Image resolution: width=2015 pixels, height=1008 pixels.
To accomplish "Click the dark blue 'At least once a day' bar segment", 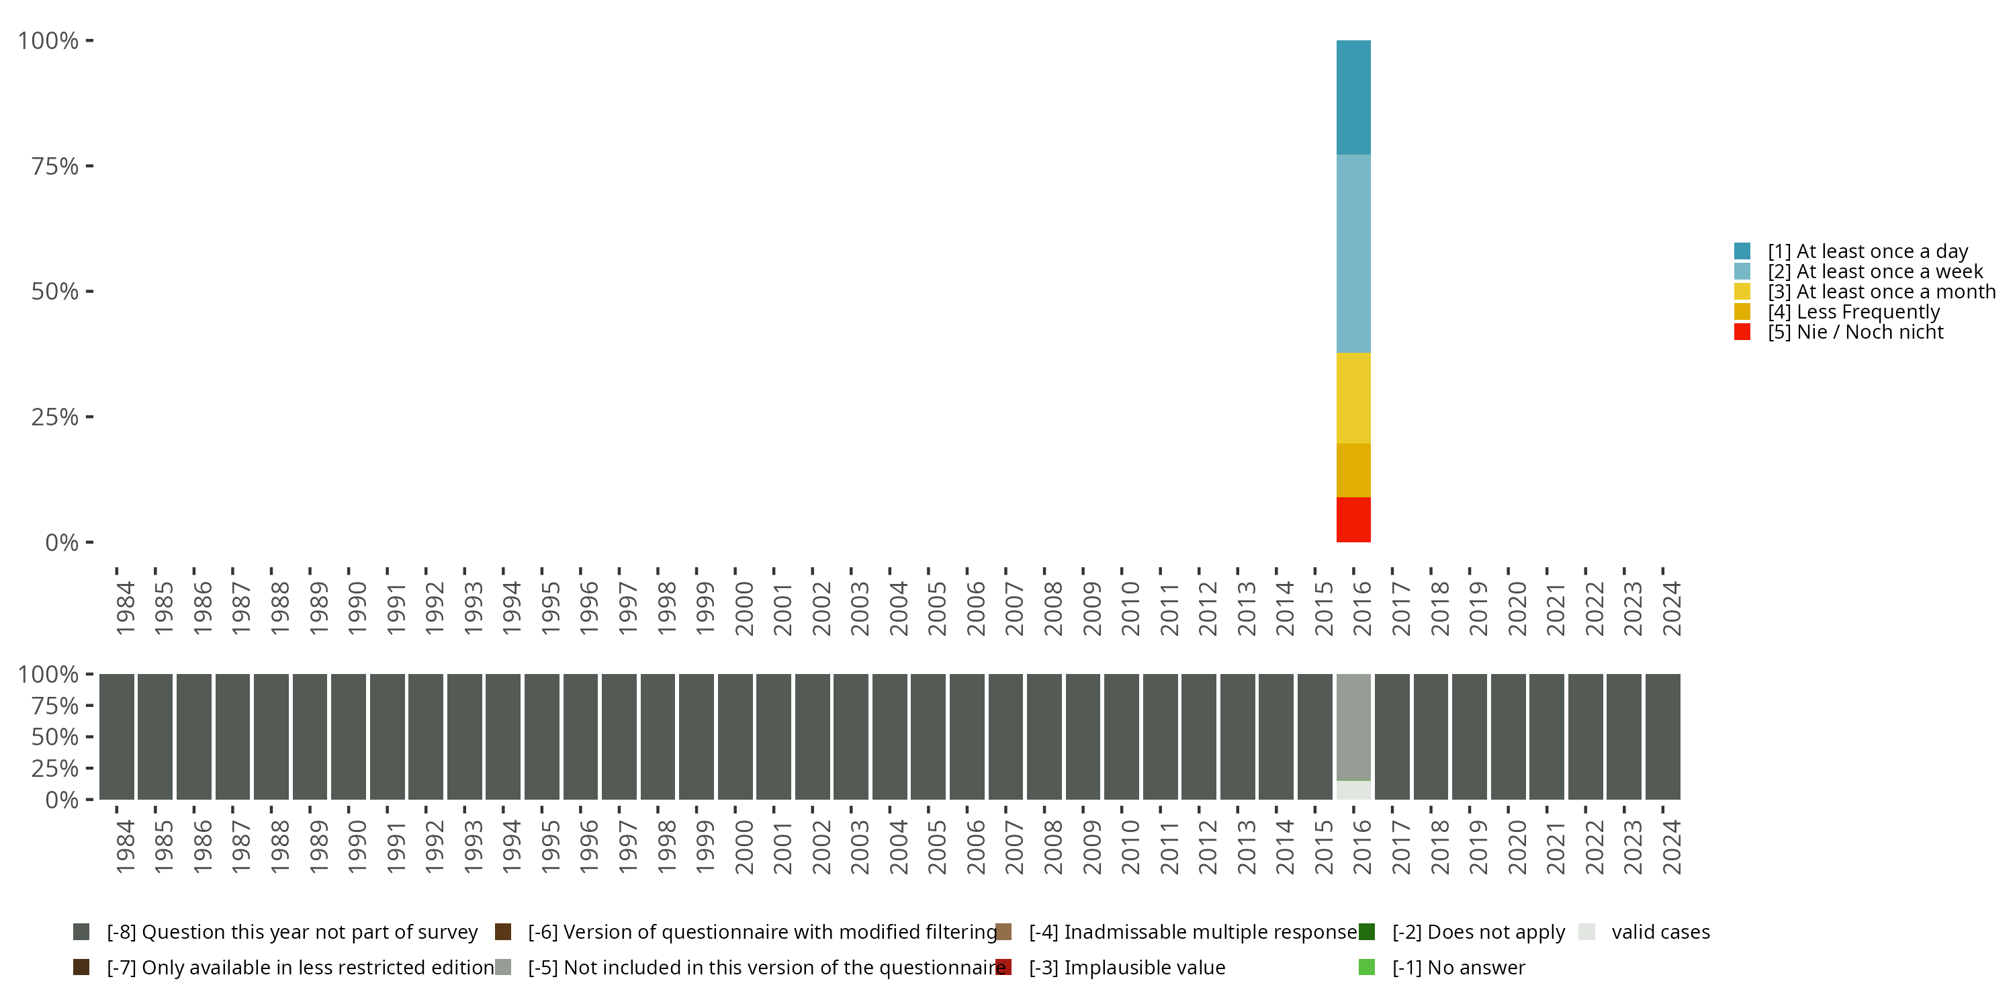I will (x=1353, y=97).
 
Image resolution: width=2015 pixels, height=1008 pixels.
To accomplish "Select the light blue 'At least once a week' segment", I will (x=1353, y=253).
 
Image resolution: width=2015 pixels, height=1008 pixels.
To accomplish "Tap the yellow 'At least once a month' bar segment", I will (x=1353, y=398).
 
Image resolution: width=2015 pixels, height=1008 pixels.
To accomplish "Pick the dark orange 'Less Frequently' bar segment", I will (x=1353, y=470).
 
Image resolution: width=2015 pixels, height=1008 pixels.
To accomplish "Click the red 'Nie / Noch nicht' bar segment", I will (x=1353, y=519).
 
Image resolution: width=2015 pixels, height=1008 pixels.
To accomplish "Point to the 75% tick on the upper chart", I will (x=55, y=166).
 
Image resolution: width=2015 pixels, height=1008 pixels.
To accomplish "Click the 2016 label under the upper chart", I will (x=1362, y=608).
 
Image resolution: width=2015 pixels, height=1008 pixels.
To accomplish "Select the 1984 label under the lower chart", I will (x=125, y=847).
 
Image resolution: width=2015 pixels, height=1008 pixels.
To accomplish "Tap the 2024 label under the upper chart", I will (x=1671, y=608).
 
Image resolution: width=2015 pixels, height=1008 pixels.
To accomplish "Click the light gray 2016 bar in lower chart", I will (x=1353, y=727).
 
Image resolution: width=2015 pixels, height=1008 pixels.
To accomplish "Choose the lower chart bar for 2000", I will (x=735, y=737).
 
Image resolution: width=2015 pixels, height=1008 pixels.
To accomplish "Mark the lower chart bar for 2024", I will (x=1662, y=737).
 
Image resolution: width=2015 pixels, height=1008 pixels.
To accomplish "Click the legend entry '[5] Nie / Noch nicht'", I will (x=1854, y=332).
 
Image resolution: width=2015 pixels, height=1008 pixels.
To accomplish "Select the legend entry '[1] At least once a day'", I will (x=1867, y=251).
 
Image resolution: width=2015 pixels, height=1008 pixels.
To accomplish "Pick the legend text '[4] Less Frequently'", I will (x=1853, y=312).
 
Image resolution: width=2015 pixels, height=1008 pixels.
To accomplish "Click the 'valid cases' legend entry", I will (x=1660, y=932).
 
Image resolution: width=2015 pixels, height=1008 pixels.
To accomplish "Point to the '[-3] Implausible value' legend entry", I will (x=1126, y=967).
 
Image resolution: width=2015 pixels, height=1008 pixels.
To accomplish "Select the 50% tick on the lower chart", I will (x=55, y=737).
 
